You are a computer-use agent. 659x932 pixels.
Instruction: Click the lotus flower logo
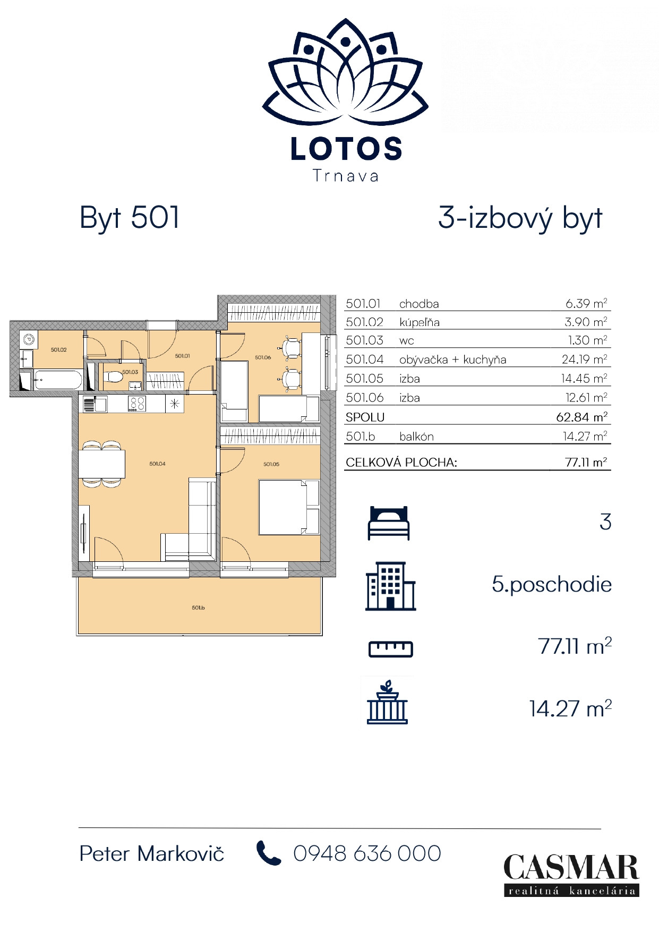click(345, 72)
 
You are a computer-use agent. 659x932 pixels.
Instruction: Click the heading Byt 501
click(130, 218)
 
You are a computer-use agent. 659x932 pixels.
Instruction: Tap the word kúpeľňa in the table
click(419, 322)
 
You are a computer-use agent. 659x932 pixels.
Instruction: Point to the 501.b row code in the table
click(360, 437)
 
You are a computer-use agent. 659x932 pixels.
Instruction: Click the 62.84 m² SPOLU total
click(581, 417)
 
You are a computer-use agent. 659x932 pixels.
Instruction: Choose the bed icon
click(389, 524)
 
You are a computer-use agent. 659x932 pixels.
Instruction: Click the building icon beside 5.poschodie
click(390, 586)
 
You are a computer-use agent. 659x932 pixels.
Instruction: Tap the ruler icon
click(391, 649)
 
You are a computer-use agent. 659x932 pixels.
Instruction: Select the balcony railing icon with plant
click(387, 702)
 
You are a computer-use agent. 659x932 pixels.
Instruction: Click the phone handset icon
click(269, 853)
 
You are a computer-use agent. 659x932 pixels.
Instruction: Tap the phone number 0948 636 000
click(367, 853)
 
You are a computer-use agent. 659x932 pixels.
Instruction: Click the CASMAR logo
click(571, 875)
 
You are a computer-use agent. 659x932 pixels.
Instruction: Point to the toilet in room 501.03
click(113, 377)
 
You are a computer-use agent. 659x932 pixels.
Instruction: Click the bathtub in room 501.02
click(58, 380)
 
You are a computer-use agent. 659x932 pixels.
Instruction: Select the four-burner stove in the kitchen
click(137, 404)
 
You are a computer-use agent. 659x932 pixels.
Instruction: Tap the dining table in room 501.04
click(102, 464)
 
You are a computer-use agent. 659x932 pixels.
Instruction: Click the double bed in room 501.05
click(289, 507)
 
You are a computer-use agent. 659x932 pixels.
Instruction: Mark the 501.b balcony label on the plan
click(198, 608)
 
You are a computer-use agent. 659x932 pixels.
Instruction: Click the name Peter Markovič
click(152, 853)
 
